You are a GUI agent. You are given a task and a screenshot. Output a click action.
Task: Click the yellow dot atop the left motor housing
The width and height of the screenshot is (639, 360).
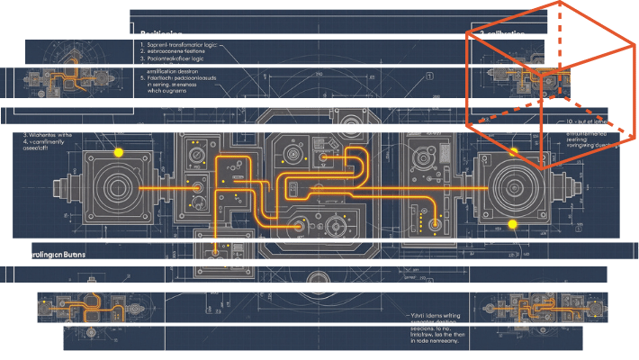click(117, 154)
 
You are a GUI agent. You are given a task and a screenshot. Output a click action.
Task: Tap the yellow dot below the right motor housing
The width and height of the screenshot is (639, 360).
click(512, 223)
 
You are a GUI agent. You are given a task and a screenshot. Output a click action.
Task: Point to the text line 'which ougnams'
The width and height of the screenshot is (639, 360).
click(169, 91)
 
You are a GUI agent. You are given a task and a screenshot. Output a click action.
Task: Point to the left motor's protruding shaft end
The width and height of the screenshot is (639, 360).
click(60, 188)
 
